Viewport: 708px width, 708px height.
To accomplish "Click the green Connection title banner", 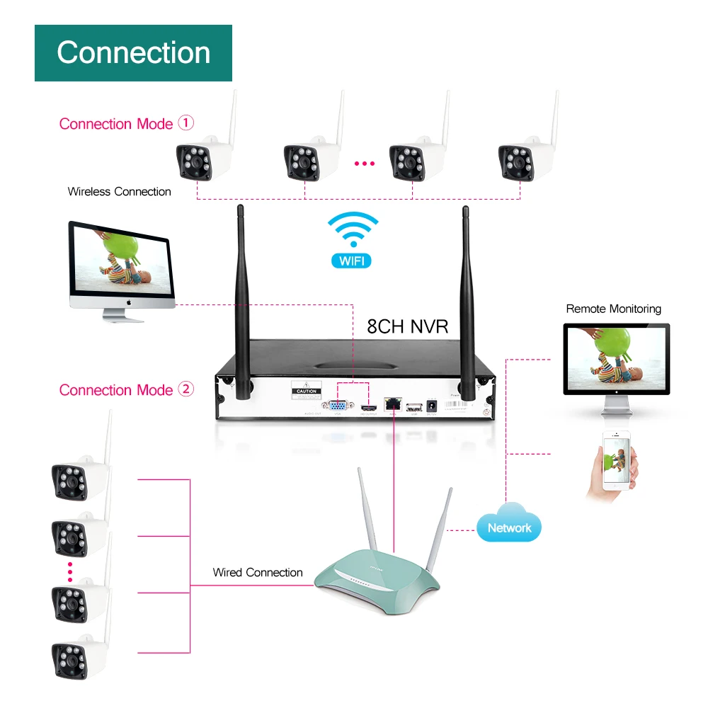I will (x=133, y=53).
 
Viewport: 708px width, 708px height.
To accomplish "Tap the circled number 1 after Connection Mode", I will (x=185, y=123).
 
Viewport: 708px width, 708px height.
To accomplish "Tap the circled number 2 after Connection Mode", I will (x=185, y=389).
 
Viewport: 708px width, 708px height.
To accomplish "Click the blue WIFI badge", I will (x=351, y=260).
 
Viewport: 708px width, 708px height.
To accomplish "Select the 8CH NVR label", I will (x=407, y=326).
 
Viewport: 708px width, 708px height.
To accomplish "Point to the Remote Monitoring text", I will (x=613, y=309).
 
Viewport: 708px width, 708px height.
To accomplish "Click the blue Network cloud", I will (x=508, y=525).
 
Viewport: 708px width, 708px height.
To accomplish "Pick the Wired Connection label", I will (x=258, y=572).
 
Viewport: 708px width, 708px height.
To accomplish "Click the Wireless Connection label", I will (x=119, y=191).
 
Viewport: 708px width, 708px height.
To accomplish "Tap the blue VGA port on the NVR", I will (x=335, y=406).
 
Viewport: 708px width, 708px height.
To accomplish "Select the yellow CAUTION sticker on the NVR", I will (x=307, y=391).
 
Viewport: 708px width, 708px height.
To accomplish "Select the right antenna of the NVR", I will (x=467, y=297).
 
